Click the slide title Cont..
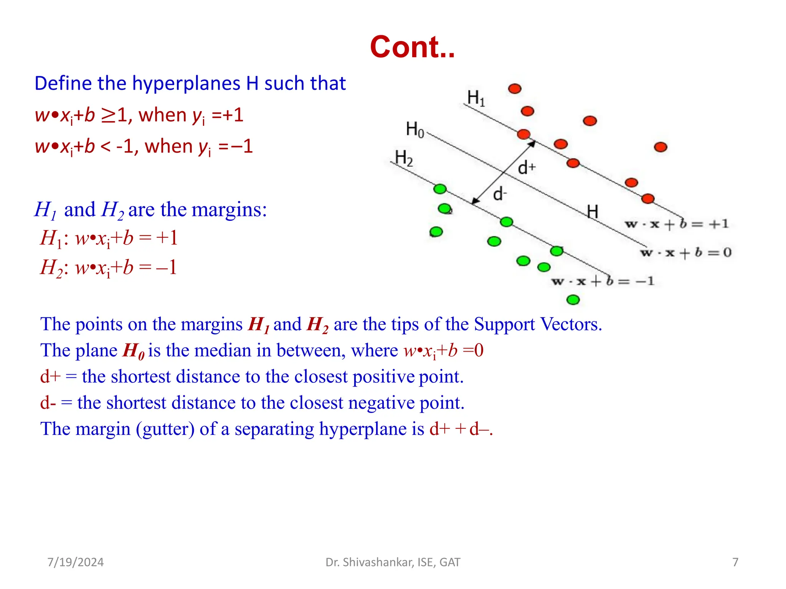coord(412,47)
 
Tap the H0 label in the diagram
coord(415,129)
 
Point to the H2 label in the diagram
coord(404,158)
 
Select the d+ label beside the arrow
coord(527,168)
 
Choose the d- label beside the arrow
coord(500,194)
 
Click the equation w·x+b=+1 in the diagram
coord(676,224)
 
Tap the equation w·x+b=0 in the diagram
coord(686,253)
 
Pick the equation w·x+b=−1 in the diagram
coord(603,281)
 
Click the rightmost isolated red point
coord(661,147)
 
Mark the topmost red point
coord(515,89)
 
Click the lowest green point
coord(573,299)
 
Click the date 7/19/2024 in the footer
coord(75,562)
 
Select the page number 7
coord(735,562)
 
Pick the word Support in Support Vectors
coord(504,324)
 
